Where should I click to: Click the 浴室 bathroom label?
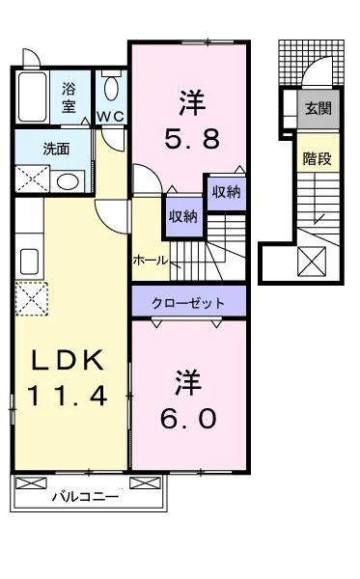click(x=69, y=97)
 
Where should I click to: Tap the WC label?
click(x=110, y=117)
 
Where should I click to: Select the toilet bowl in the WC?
click(x=111, y=89)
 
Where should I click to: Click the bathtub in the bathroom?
click(x=33, y=96)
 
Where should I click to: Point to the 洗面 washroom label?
click(x=57, y=149)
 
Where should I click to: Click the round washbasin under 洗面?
click(x=67, y=182)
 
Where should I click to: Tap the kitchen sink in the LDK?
click(x=29, y=262)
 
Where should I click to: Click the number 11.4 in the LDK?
click(x=67, y=395)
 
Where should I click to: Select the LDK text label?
click(x=68, y=360)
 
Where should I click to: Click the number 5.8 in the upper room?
click(x=192, y=138)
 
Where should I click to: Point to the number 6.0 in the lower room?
click(x=188, y=419)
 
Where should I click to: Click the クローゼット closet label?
click(x=188, y=303)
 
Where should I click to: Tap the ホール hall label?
click(x=151, y=261)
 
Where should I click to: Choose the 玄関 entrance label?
click(x=318, y=108)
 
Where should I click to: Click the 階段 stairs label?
click(x=318, y=159)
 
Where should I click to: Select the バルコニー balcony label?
click(x=85, y=497)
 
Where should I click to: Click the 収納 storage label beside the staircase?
click(x=183, y=216)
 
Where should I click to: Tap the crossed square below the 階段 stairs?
click(x=312, y=262)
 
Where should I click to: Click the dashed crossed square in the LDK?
click(x=32, y=298)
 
